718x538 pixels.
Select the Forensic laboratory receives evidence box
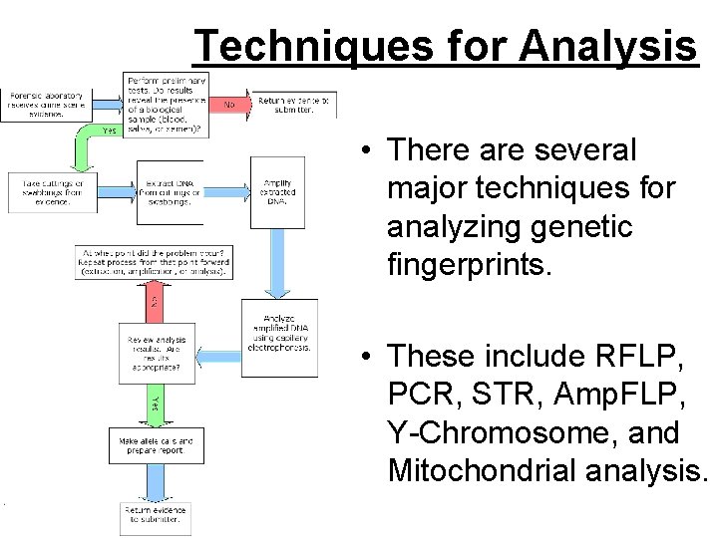pos(47,104)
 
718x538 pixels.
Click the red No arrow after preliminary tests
pos(228,104)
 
